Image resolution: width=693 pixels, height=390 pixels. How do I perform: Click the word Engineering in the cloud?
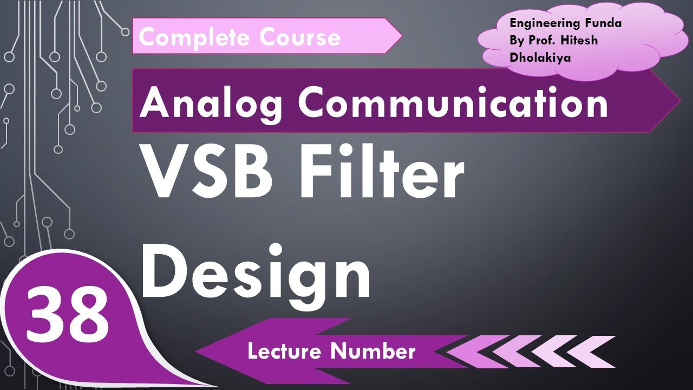pos(542,23)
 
